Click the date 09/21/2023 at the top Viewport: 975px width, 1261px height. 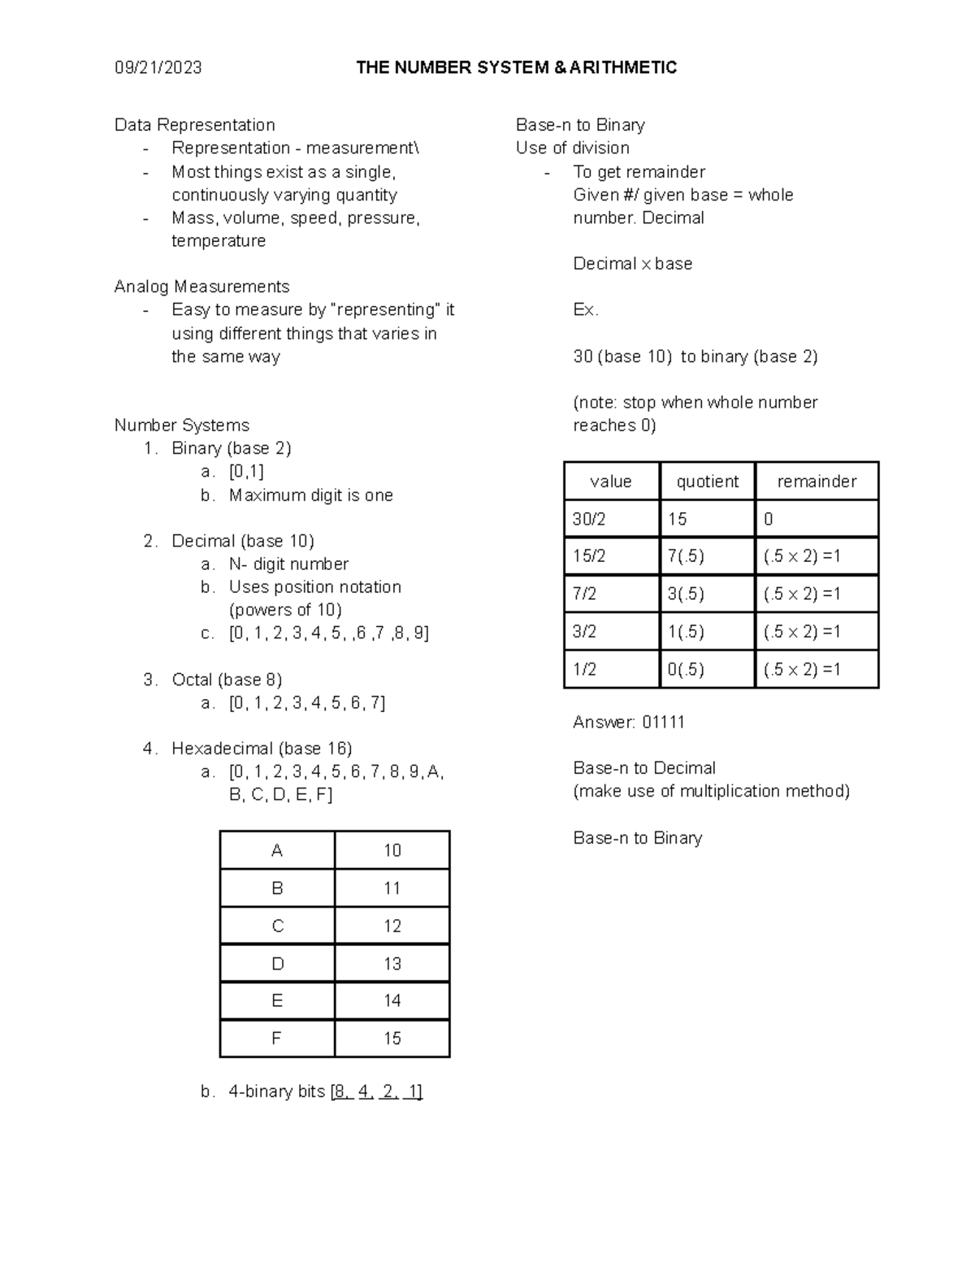[158, 67]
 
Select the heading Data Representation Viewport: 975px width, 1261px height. [194, 125]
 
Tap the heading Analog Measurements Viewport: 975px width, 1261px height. [201, 287]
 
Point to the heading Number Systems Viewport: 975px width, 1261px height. [181, 425]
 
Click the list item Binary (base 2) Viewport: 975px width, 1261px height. [231, 448]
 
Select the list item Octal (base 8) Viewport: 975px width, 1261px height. [227, 680]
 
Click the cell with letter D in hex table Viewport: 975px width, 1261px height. [277, 964]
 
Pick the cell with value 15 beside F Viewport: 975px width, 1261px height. [392, 1039]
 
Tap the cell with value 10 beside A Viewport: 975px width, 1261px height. [392, 850]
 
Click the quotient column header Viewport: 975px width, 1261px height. [707, 482]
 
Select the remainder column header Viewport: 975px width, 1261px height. [817, 482]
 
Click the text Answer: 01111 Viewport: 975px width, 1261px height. [628, 723]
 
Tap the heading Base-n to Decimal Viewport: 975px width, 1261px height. [643, 768]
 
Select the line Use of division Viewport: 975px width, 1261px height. [572, 148]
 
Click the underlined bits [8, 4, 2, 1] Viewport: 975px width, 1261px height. [376, 1092]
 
